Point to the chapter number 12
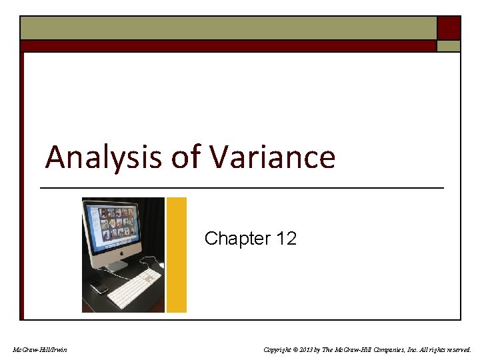[285, 239]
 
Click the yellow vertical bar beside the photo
[176, 255]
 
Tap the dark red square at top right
[449, 27]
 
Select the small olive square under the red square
[449, 46]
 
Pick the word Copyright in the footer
[279, 349]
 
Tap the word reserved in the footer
[456, 349]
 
